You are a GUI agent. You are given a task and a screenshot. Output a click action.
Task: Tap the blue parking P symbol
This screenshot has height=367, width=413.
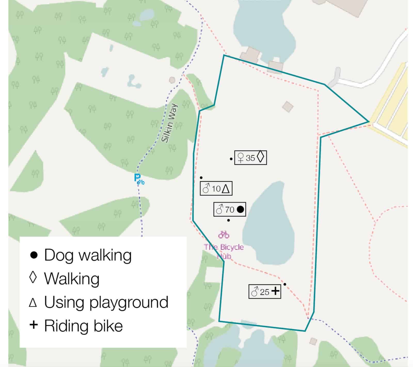tap(137, 178)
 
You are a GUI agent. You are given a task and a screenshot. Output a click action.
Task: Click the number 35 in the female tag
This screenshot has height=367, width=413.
tap(250, 158)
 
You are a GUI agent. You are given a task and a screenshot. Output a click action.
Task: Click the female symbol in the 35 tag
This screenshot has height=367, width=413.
tap(241, 158)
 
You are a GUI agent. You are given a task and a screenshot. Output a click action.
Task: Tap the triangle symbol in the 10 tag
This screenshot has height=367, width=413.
tap(226, 189)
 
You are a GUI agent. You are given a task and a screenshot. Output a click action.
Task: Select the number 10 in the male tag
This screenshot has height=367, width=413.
tap(216, 189)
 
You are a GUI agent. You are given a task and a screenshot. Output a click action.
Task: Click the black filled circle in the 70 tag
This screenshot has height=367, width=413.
tap(240, 209)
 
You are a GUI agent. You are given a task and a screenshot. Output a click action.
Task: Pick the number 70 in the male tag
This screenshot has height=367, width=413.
tap(229, 210)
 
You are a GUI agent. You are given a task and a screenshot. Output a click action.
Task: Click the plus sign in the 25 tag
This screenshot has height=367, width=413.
tap(275, 291)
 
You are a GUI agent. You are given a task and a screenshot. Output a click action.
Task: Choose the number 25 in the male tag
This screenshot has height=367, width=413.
tap(265, 292)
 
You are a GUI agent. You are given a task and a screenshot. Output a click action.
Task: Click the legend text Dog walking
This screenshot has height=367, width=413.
tap(88, 255)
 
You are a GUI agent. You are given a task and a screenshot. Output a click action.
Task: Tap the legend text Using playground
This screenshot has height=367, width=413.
tap(106, 302)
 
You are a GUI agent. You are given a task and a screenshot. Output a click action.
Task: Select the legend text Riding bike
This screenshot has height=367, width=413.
tap(83, 325)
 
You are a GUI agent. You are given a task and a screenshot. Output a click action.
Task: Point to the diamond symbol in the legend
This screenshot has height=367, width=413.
tap(33, 278)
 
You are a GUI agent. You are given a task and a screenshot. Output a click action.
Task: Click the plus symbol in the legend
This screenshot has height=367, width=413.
tap(34, 325)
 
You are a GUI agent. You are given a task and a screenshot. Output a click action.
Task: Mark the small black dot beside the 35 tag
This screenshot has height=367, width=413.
tap(231, 159)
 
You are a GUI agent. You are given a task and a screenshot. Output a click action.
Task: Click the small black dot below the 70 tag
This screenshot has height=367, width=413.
tap(228, 220)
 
